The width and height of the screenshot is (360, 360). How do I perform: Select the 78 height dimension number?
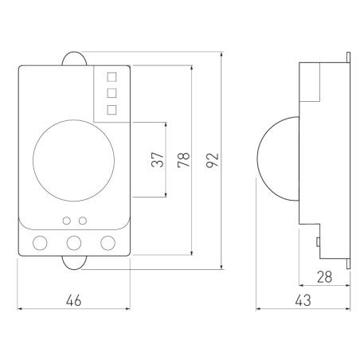pyautogui.click(x=182, y=159)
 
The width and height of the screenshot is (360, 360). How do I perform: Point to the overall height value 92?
pyautogui.click(x=211, y=159)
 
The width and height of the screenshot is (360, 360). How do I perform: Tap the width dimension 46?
pyautogui.click(x=73, y=300)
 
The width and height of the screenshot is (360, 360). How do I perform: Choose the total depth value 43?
pyautogui.click(x=303, y=300)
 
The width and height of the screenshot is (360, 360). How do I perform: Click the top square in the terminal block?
pyautogui.click(x=112, y=77)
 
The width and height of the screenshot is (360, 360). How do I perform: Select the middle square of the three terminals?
pyautogui.click(x=112, y=92)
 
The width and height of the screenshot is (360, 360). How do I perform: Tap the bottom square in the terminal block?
pyautogui.click(x=112, y=108)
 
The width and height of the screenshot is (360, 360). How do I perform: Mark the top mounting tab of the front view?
pyautogui.click(x=73, y=57)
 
